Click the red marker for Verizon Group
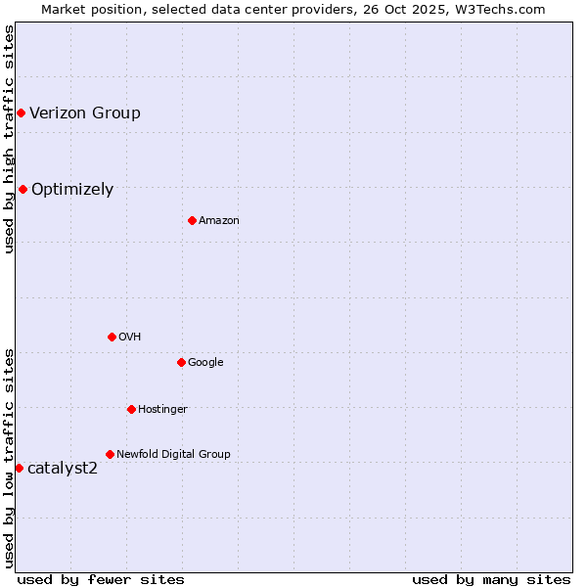pos(21,113)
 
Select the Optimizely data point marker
pos(23,190)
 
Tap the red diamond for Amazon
pos(192,221)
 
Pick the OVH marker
pos(112,338)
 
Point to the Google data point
pos(181,363)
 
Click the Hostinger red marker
pos(131,410)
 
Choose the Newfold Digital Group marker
pos(110,455)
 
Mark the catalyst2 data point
pos(19,469)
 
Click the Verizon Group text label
pos(85,113)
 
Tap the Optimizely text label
pos(72,190)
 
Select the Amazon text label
pos(219,221)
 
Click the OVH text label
pos(130,338)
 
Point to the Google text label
pos(205,363)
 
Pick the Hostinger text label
pos(162,410)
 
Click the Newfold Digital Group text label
pos(173,455)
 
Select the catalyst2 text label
pos(63,469)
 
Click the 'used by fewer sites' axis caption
pos(101,579)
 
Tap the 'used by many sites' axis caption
pos(491,579)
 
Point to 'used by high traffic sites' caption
pos(9,139)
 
